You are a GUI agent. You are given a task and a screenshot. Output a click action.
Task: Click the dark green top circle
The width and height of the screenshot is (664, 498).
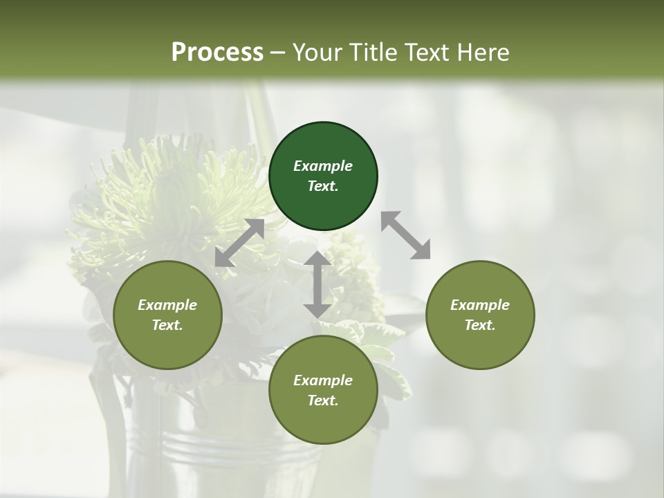323,176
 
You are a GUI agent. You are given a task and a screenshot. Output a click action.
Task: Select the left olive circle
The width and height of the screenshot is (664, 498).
167,315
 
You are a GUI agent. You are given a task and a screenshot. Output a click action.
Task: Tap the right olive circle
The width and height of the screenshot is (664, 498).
480,315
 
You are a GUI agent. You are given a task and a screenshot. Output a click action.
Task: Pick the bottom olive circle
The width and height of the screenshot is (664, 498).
323,390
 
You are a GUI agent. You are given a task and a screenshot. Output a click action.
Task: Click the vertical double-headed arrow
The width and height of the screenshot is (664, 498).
317,284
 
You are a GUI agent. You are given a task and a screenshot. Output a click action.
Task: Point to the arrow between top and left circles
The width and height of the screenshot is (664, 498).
239,243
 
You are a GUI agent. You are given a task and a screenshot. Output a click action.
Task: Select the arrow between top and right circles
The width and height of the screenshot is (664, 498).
405,235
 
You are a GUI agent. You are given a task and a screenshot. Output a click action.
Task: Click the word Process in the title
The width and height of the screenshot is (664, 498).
217,52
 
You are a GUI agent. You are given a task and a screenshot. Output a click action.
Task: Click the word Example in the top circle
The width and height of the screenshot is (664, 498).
323,166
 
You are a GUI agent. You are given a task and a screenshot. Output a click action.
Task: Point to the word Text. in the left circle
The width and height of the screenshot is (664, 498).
167,325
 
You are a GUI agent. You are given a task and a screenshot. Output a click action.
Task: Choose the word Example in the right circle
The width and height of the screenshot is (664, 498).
480,305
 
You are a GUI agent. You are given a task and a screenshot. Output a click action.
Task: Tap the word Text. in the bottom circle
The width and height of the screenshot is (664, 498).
323,400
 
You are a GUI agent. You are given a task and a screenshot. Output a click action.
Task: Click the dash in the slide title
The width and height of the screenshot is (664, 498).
277,53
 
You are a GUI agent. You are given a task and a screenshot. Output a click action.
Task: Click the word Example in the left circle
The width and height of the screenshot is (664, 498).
167,305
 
